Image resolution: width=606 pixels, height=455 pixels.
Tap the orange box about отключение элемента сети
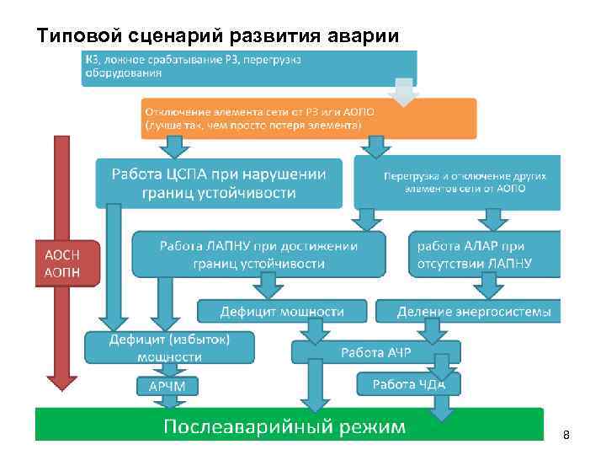pyautogui.click(x=308, y=119)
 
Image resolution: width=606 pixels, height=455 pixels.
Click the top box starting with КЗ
pyautogui.click(x=248, y=67)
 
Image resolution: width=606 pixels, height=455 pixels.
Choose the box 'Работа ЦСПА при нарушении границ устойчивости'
pyautogui.click(x=219, y=183)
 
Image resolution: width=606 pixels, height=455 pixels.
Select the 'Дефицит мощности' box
pyautogui.click(x=283, y=311)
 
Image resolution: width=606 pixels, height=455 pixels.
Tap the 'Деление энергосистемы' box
pyautogui.click(x=475, y=311)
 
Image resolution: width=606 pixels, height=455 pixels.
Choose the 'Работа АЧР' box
pyautogui.click(x=375, y=352)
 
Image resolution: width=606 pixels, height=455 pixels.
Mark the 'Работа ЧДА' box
pyautogui.click(x=412, y=384)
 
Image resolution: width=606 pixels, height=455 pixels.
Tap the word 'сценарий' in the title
pyautogui.click(x=173, y=36)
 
